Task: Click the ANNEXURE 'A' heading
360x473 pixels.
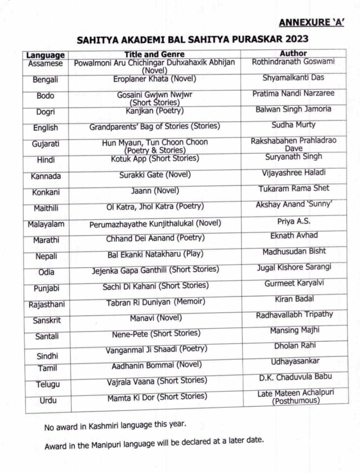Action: [x=311, y=22]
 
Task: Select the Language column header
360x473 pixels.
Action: [x=45, y=55]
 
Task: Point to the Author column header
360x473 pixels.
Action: [x=293, y=53]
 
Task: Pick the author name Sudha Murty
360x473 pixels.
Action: [x=293, y=125]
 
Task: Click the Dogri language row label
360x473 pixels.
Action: [x=45, y=112]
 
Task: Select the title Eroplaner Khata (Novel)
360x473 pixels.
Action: [x=155, y=79]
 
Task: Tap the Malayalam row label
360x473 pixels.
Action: [x=46, y=224]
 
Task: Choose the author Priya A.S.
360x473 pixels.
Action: [x=294, y=221]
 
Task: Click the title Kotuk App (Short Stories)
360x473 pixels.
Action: [x=155, y=159]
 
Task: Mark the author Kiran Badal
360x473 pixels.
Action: [x=294, y=299]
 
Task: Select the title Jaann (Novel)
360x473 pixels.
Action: [x=155, y=191]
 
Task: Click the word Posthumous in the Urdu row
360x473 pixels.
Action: [x=296, y=401]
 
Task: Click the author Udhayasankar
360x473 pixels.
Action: [x=295, y=361]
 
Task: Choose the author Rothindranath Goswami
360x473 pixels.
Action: [x=293, y=62]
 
